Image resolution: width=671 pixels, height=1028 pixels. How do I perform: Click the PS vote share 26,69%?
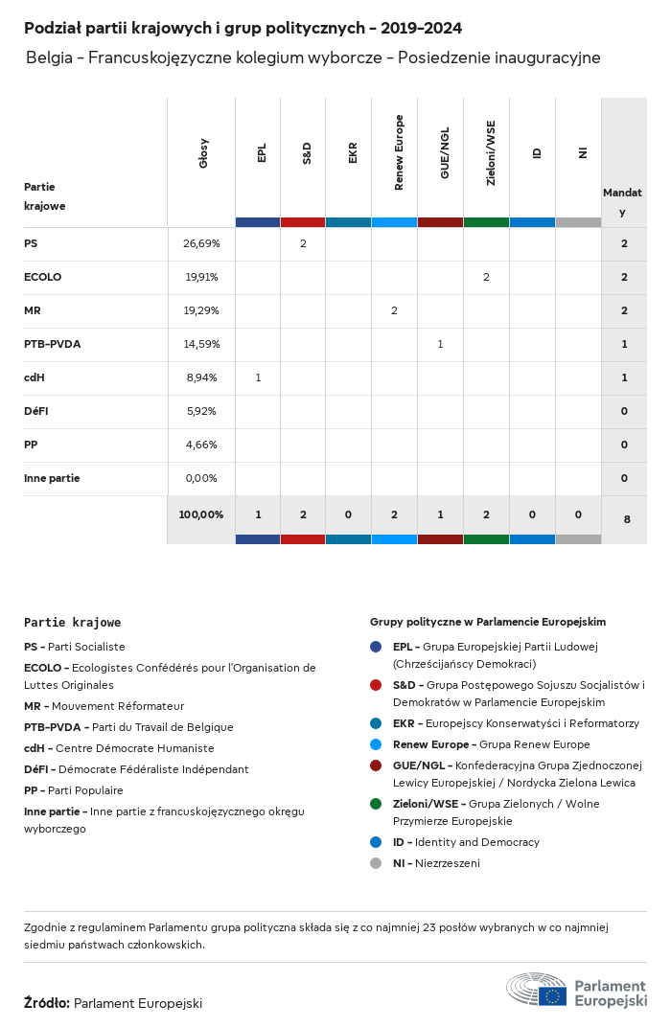click(201, 243)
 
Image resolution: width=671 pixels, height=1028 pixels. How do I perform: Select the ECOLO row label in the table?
click(42, 277)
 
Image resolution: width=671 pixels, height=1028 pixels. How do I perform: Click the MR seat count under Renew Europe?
click(394, 310)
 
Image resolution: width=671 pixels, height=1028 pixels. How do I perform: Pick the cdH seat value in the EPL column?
click(258, 377)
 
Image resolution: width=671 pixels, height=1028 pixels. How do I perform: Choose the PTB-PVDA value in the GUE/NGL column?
click(440, 344)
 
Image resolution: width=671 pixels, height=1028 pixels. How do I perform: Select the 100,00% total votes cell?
click(201, 514)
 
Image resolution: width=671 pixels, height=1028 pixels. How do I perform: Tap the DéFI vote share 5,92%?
click(201, 411)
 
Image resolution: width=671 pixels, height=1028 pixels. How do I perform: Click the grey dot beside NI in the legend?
click(376, 863)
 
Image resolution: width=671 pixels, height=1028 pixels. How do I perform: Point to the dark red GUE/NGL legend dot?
click(376, 765)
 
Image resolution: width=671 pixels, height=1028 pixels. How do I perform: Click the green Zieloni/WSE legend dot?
click(376, 804)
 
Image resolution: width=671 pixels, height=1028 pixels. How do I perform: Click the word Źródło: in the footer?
click(47, 1003)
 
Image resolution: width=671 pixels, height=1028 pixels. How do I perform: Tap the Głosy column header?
click(203, 153)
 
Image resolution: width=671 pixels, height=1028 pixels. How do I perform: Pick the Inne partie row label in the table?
click(52, 478)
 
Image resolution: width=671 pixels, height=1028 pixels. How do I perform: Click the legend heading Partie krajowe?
click(73, 623)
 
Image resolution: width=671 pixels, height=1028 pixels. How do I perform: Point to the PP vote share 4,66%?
click(201, 445)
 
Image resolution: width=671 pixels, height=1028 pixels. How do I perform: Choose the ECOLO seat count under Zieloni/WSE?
click(486, 277)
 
